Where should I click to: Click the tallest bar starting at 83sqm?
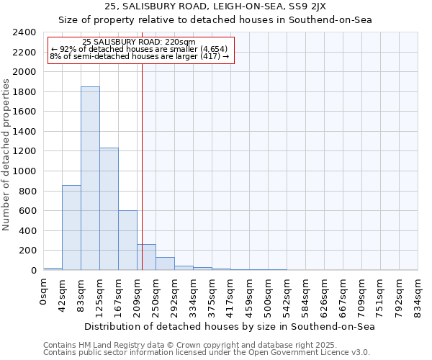pos(90,179)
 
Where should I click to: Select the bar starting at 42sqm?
pos(71,228)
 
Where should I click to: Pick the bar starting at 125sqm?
pos(109,209)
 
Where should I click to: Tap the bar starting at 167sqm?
pos(127,240)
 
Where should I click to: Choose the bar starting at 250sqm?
pos(165,264)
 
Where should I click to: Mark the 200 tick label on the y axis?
pos(28,251)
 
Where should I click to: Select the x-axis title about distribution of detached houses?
pos(230,326)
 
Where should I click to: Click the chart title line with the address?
pos(215,6)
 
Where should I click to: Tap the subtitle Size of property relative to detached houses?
pos(215,19)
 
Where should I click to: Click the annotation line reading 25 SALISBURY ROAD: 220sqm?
pos(139,42)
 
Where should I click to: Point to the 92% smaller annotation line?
pos(139,49)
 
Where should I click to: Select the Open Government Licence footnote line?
pos(207,352)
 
